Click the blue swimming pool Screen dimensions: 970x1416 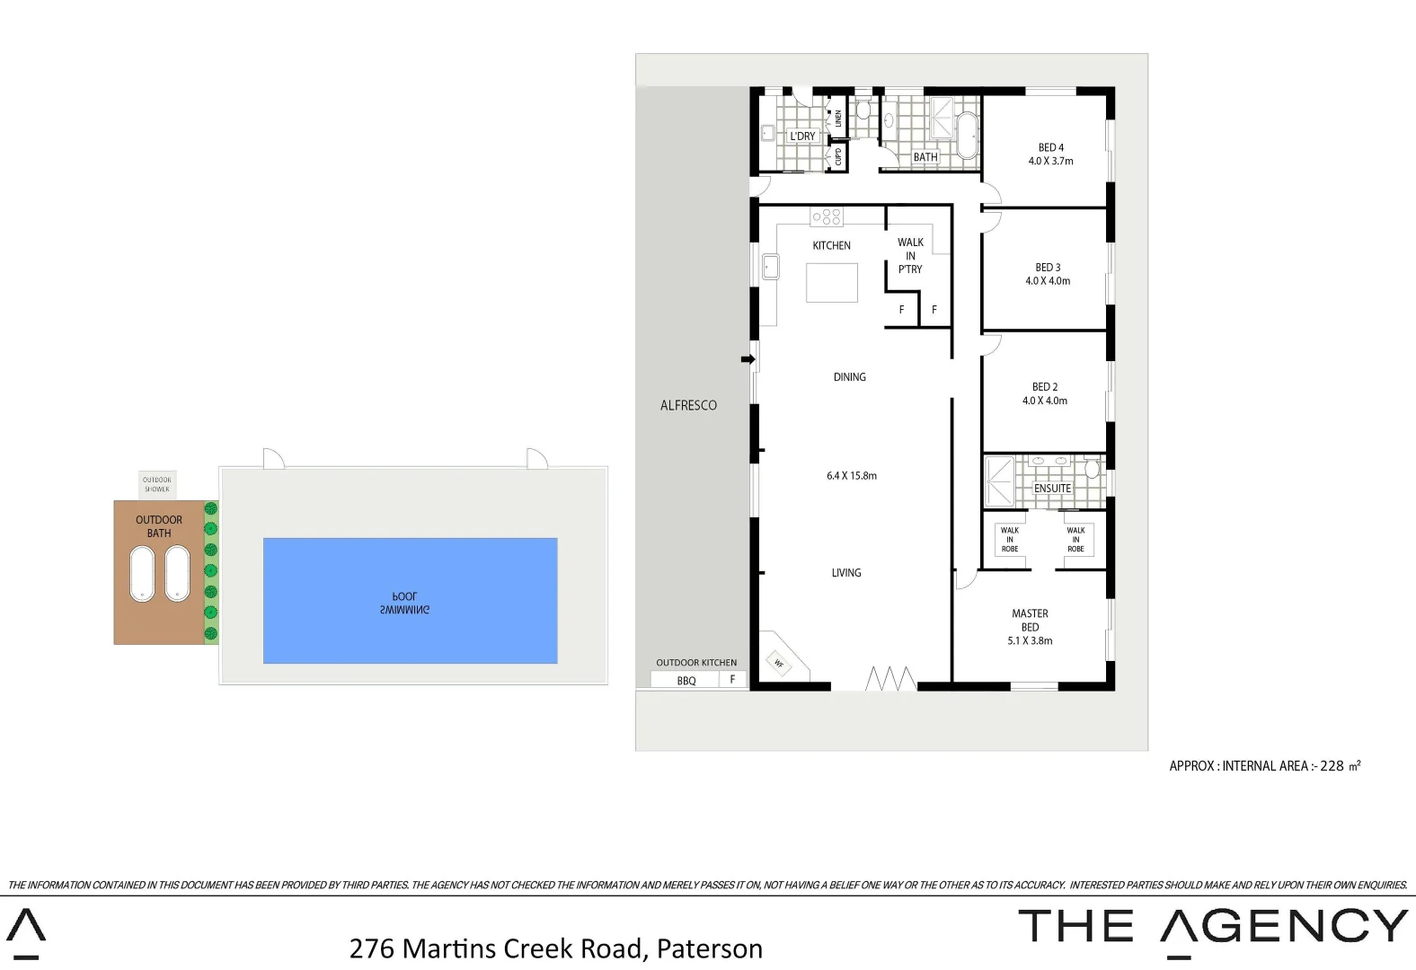coord(410,600)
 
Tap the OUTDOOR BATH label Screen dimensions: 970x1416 coord(159,526)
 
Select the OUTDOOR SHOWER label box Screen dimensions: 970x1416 coord(157,484)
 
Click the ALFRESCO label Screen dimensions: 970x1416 coord(688,405)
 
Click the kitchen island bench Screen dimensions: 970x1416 coord(831,282)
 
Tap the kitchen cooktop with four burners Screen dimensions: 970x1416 coord(827,216)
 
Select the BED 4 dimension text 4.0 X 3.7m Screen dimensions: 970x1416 coord(1050,162)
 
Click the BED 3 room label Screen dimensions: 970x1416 coord(1048,268)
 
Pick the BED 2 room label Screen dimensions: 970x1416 coord(1045,387)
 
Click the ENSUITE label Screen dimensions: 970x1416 coord(1052,489)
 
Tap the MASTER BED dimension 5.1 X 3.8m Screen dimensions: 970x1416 coord(1030,641)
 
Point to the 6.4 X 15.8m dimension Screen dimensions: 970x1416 coord(852,476)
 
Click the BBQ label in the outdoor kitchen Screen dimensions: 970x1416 coord(686,681)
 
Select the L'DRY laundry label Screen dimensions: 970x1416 coord(802,137)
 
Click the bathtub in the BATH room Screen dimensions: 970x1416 coord(967,136)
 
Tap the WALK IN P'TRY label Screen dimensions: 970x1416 coord(910,256)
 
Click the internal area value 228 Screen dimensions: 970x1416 coord(1332,766)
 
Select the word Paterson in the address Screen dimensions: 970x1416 coord(709,948)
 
